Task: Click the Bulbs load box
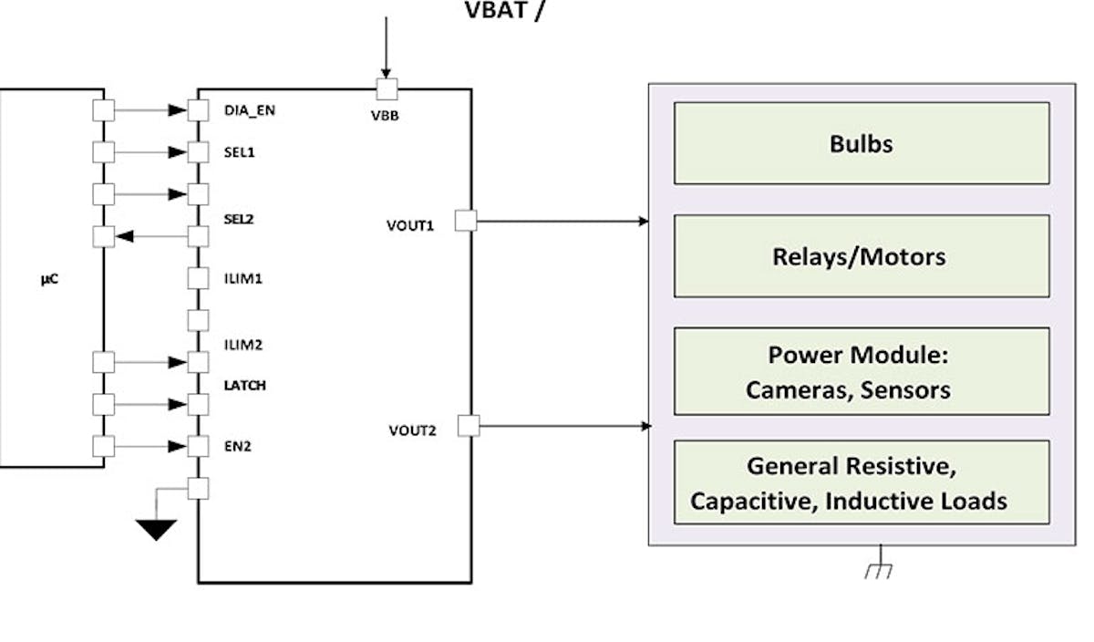coord(861,143)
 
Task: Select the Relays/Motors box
coord(861,256)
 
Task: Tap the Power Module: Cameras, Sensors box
coord(861,371)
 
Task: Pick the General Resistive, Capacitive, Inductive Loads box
coord(861,482)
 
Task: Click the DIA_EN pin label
coord(249,110)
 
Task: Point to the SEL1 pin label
coord(239,151)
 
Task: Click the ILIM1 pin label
coord(243,278)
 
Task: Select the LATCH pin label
coord(245,386)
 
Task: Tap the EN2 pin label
coord(237,448)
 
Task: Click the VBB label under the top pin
coord(387,116)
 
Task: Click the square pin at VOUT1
coord(465,220)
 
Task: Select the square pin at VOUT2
coord(468,425)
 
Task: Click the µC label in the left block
coord(49,280)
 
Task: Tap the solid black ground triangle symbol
coord(156,529)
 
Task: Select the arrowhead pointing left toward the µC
coord(126,237)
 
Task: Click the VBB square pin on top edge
coord(387,89)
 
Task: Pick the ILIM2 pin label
coord(243,345)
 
